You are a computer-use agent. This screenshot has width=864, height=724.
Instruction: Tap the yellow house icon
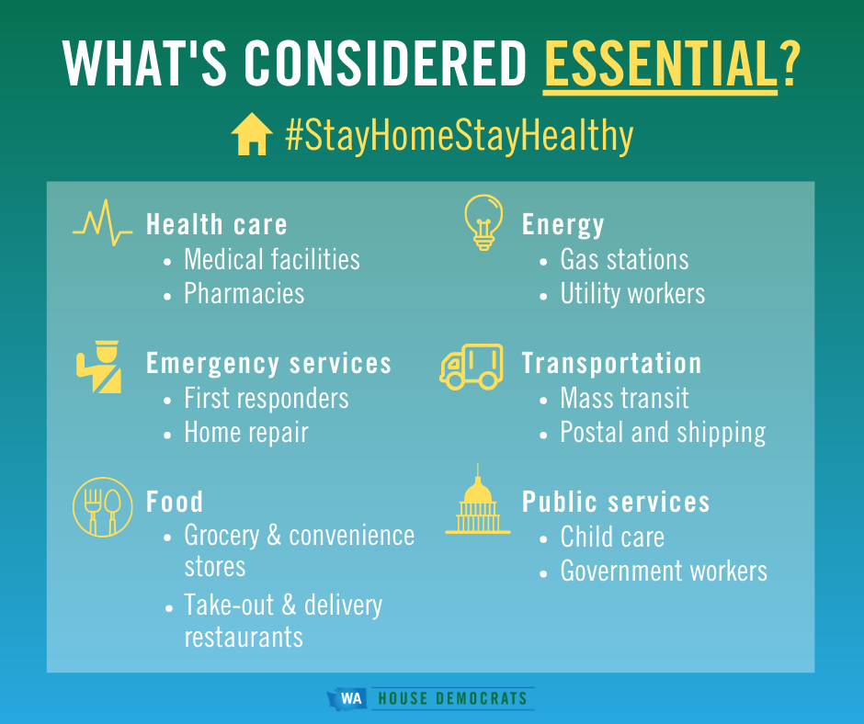[x=252, y=134]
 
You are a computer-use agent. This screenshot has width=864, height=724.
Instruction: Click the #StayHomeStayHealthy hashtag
[x=460, y=134]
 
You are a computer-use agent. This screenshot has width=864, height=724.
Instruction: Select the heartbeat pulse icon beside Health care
[x=103, y=222]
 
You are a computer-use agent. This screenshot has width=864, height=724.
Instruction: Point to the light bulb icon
[x=483, y=222]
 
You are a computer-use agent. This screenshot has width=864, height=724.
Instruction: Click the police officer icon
[x=100, y=367]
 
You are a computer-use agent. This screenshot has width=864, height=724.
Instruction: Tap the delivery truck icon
[x=472, y=367]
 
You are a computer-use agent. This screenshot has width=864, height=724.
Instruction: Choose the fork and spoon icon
[x=103, y=507]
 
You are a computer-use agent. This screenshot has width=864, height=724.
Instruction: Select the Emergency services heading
[x=269, y=364]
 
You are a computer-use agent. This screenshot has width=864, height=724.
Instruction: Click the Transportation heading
[x=611, y=364]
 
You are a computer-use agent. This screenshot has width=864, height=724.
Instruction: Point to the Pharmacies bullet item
[x=244, y=293]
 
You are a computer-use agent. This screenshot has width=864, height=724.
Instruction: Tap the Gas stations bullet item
[x=624, y=259]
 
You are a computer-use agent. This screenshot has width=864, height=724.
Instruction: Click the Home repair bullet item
[x=246, y=433]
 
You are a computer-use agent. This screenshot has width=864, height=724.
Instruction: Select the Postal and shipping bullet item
[x=663, y=433]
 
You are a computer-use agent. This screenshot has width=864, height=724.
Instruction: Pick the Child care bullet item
[x=612, y=537]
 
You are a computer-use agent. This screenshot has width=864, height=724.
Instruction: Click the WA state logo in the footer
[x=347, y=698]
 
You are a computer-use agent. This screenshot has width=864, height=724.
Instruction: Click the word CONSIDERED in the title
[x=386, y=63]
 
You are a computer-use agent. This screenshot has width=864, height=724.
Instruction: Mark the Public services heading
[x=616, y=502]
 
